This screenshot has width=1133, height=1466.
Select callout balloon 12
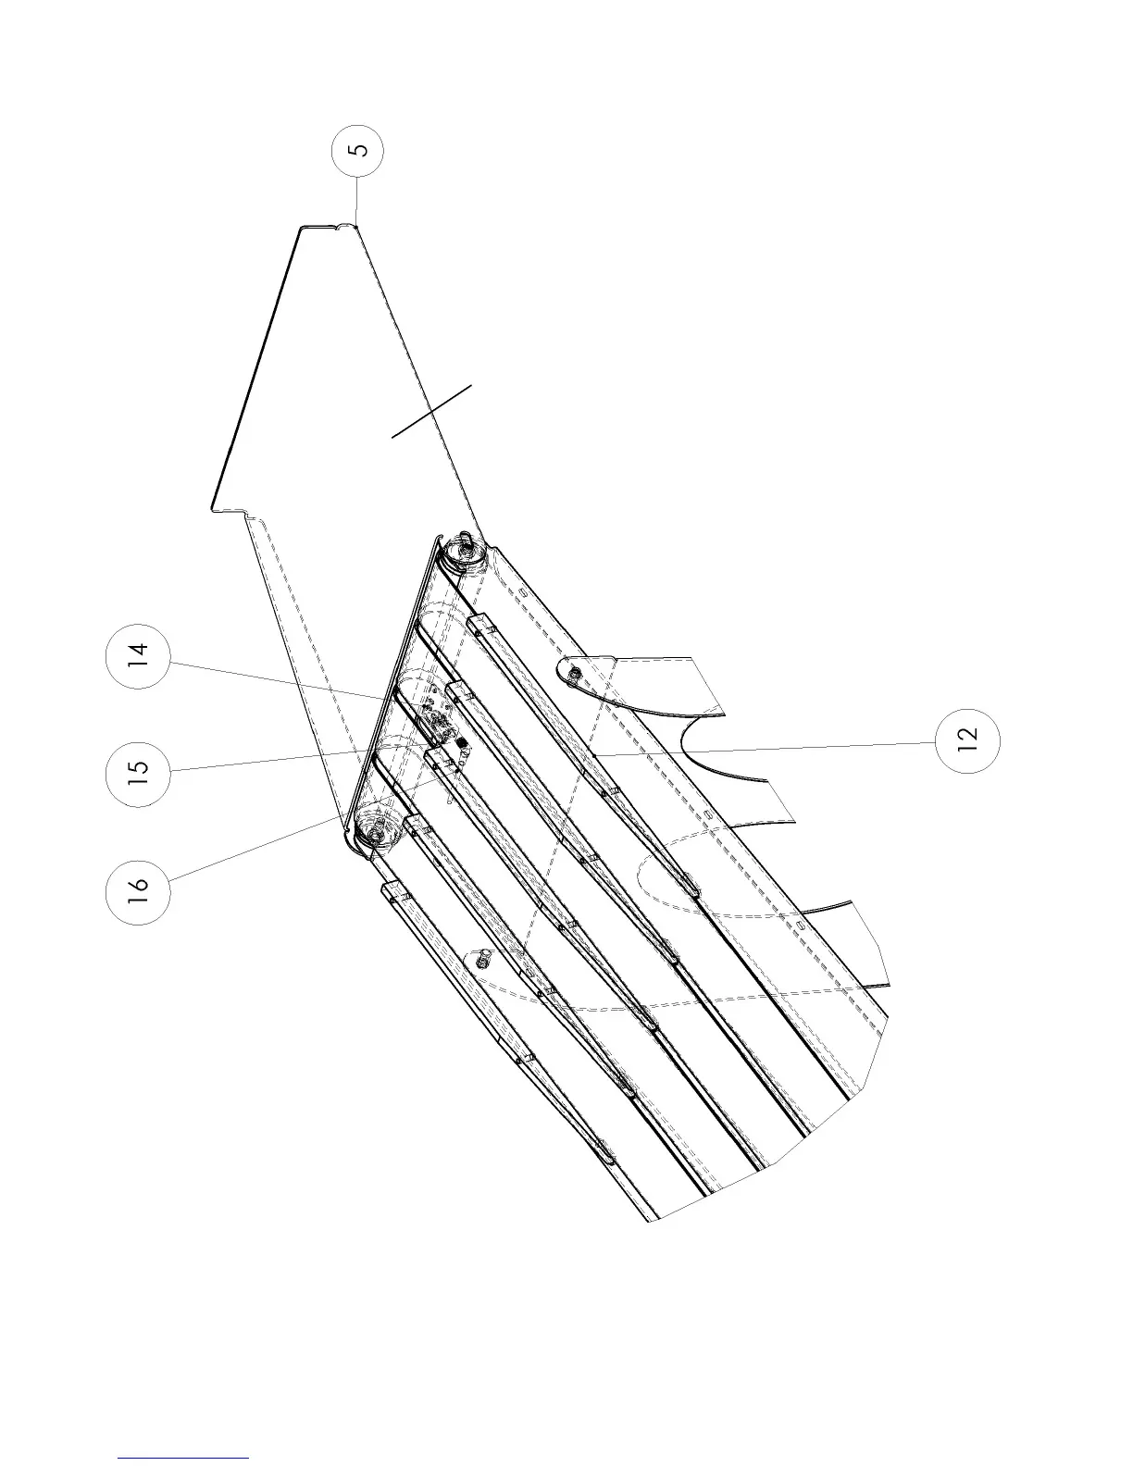click(967, 738)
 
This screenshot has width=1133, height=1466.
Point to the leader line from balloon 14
click(278, 677)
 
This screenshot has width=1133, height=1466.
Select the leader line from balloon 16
click(250, 851)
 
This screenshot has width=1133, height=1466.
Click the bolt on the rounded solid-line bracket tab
click(575, 675)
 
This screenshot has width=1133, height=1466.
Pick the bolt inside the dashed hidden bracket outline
click(481, 961)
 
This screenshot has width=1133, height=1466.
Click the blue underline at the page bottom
click(183, 1457)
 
